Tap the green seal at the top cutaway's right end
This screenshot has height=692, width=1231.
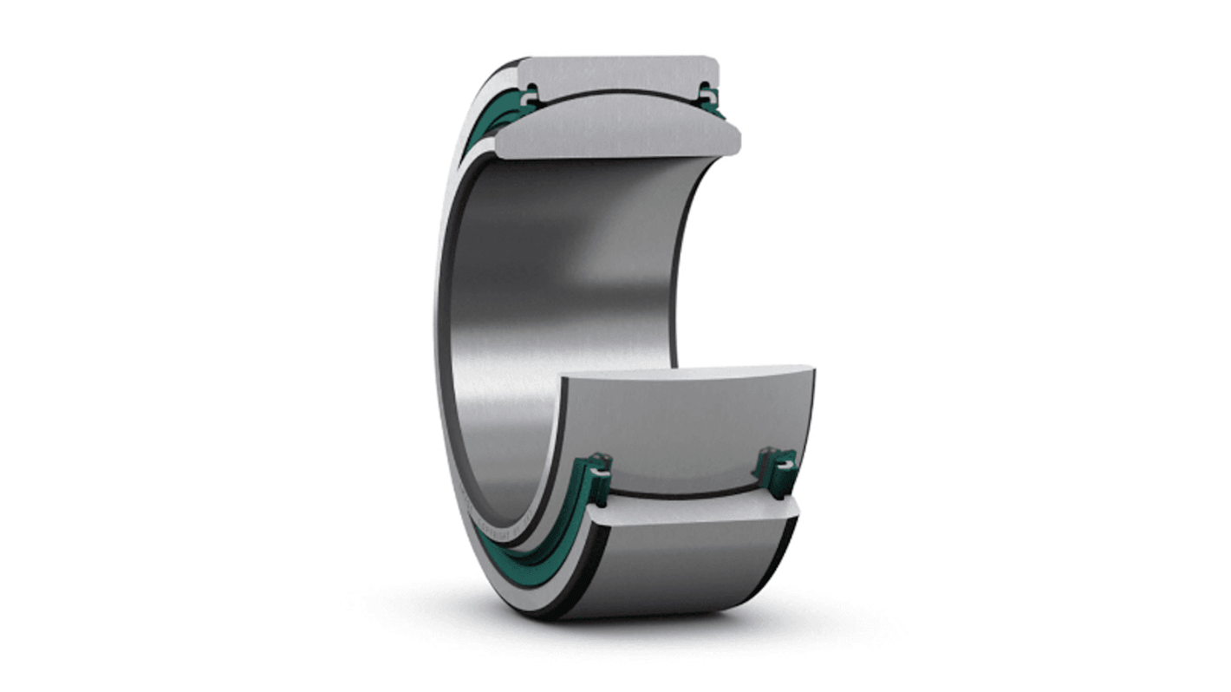point(711,98)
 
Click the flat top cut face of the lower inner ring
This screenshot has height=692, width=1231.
point(685,375)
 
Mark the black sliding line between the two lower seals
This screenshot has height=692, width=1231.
point(685,494)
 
